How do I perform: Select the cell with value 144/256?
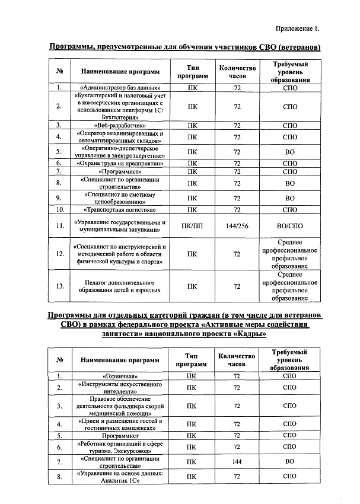[x=237, y=226]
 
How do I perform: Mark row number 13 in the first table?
[x=59, y=286]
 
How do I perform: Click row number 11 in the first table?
[x=59, y=226]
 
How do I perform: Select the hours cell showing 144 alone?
[x=237, y=461]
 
